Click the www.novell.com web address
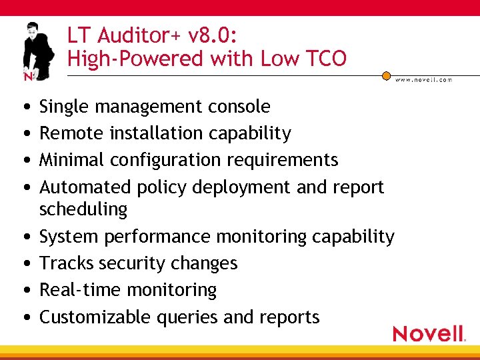[423, 79]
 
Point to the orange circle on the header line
[386, 75]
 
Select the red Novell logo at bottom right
[429, 333]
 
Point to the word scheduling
[83, 209]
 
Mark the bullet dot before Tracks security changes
[25, 264]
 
